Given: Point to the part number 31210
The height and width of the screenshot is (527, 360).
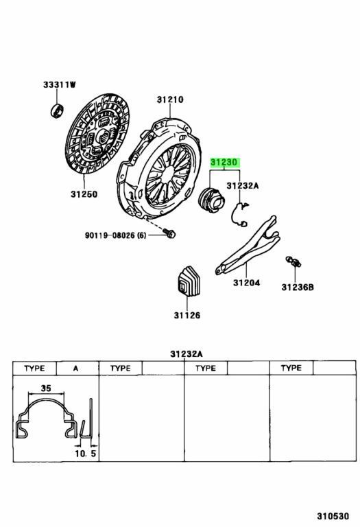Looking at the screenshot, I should pos(169,99).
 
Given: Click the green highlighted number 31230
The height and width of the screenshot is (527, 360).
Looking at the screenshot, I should pos(224,163).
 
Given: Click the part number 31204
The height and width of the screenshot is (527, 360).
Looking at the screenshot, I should pos(246,282).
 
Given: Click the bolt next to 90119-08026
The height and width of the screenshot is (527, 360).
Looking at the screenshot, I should pos(171,235).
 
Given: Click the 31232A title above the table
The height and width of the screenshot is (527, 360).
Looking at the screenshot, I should pos(186,354).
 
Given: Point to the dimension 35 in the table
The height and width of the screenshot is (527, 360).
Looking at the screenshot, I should pos(46,388).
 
